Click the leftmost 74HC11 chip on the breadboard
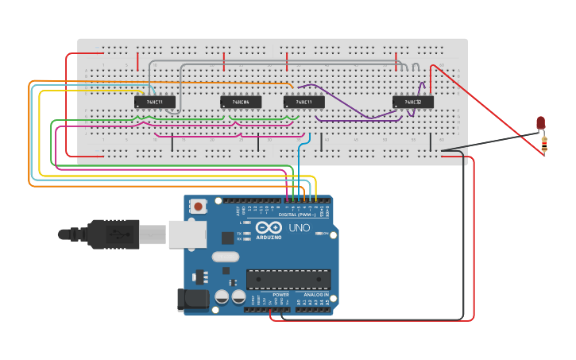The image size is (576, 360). tap(154, 102)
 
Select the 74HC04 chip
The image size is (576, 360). tap(241, 102)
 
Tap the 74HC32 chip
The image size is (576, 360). tap(413, 102)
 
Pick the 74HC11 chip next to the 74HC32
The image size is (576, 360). tap(304, 102)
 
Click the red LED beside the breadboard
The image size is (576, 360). tap(541, 122)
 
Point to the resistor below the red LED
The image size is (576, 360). tap(544, 144)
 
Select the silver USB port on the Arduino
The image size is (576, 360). tap(187, 234)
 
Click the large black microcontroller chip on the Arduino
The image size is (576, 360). tap(288, 279)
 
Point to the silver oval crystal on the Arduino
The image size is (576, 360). tap(226, 256)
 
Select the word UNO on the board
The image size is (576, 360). tap(299, 228)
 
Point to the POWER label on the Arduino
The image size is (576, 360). tap(281, 295)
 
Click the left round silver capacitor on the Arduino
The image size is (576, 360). tap(222, 296)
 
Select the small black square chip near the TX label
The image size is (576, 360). tap(228, 237)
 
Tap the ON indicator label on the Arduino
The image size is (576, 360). tap(326, 233)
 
